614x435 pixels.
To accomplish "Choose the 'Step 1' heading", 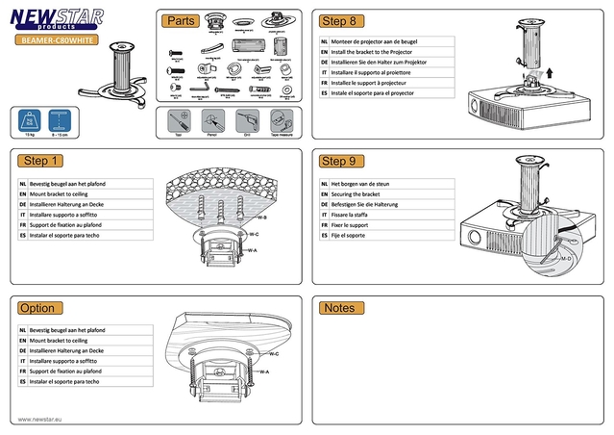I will click(42, 161).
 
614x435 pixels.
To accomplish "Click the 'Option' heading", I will click(37, 308).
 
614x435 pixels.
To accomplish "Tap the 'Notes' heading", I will click(339, 308).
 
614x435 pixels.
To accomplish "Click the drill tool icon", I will click(245, 122).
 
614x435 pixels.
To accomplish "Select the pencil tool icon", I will click(211, 122).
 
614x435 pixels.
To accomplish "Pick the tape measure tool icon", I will click(279, 122).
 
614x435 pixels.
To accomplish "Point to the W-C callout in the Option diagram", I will click(260, 355).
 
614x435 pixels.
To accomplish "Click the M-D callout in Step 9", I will click(565, 260).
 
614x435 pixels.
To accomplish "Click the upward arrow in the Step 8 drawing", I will click(549, 68).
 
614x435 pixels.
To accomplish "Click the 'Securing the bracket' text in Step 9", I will click(356, 193).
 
